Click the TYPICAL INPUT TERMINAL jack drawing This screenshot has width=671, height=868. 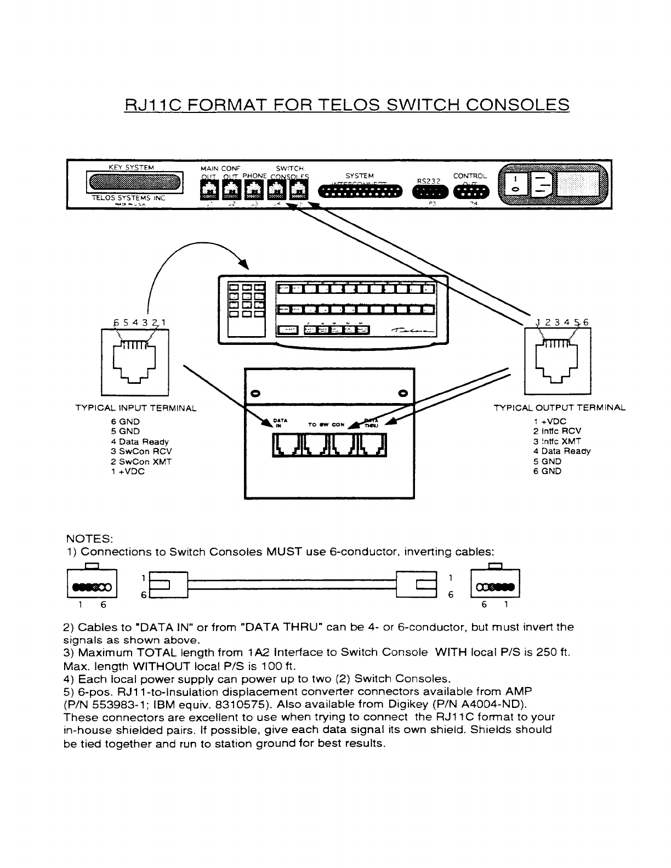(135, 361)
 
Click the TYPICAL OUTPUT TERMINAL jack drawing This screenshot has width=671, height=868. (558, 361)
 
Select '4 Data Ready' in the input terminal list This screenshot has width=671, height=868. (140, 441)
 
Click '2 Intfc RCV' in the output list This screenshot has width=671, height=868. (557, 432)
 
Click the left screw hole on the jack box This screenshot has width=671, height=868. (254, 394)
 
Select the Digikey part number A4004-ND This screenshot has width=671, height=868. (493, 704)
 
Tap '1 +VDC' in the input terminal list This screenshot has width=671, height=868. (128, 471)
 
